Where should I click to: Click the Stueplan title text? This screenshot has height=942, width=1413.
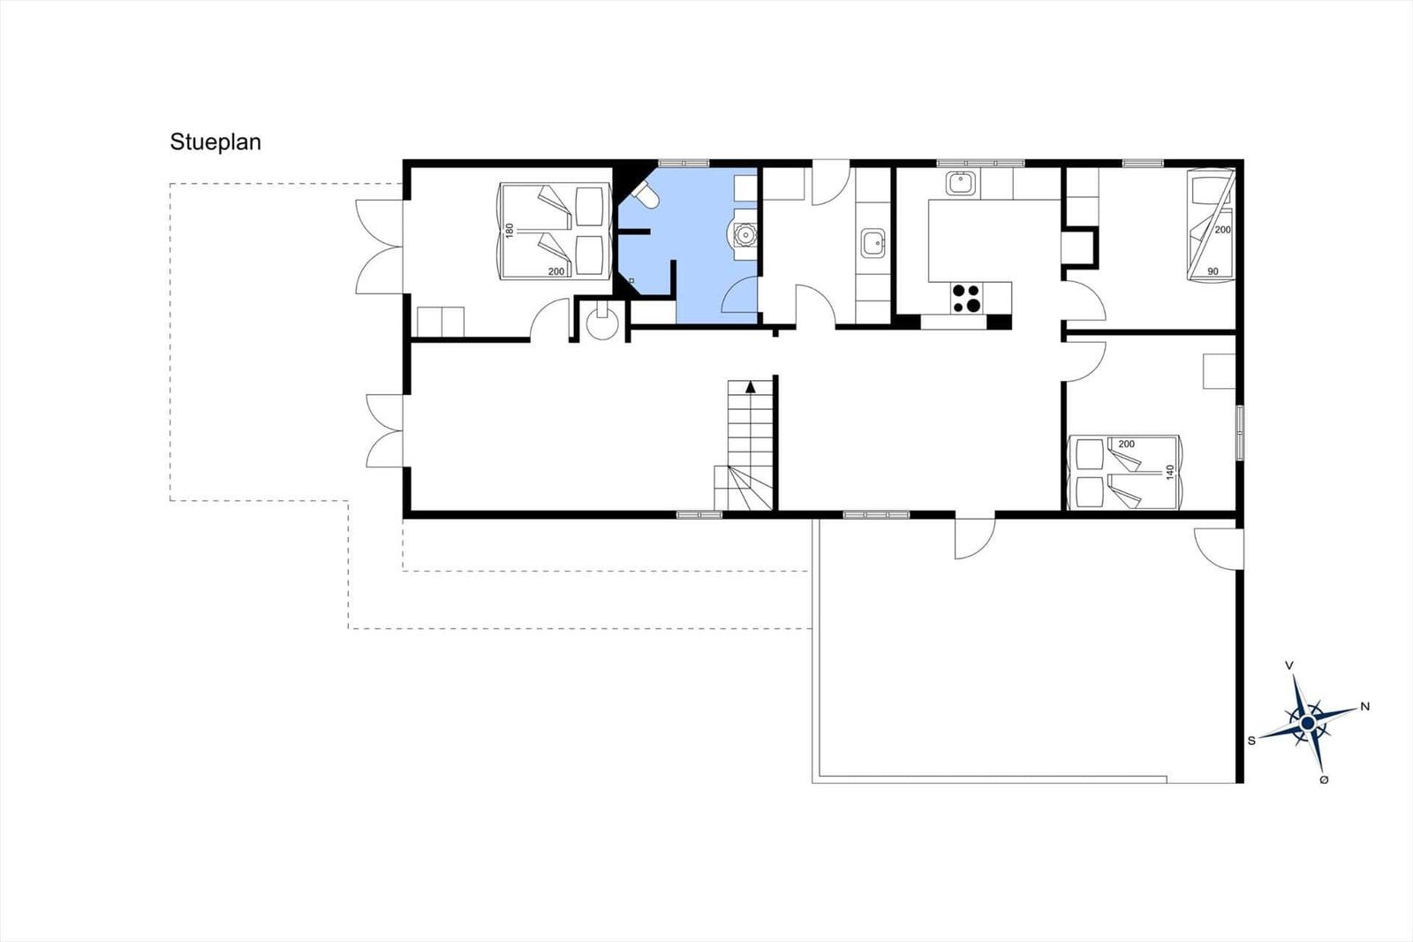215,142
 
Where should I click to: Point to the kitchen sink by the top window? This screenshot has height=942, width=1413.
961,183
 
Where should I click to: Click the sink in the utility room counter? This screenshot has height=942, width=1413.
873,243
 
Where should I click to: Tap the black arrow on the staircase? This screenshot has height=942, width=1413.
750,387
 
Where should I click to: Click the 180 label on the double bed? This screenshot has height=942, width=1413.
510,231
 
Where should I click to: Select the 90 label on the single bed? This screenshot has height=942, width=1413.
1213,271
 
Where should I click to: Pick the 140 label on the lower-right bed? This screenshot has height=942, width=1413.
1171,472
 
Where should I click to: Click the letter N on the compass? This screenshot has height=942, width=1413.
1365,707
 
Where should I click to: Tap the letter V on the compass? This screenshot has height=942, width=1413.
1289,665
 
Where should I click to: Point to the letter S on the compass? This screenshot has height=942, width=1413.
1251,741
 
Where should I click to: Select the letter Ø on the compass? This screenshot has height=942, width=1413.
1324,779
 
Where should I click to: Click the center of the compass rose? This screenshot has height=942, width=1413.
1308,722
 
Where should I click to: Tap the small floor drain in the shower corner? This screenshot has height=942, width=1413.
631,280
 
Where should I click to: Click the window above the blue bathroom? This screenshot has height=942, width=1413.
684,163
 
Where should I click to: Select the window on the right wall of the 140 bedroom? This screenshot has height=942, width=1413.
1240,432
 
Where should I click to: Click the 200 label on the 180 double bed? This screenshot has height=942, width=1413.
556,271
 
